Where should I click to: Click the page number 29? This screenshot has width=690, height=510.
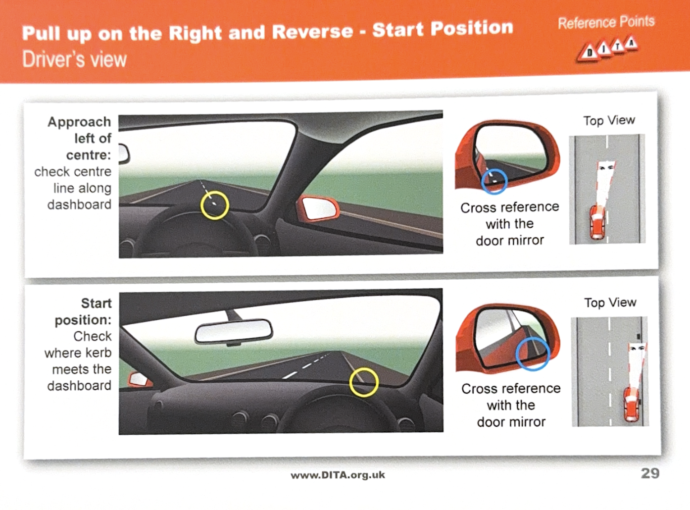(x=650, y=473)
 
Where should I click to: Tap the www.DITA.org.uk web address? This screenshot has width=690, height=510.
(x=338, y=475)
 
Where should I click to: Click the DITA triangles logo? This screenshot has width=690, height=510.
(x=607, y=50)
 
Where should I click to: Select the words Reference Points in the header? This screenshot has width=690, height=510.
(x=606, y=22)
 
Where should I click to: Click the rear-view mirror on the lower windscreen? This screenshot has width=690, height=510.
(x=234, y=332)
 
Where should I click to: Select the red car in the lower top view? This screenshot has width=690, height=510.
(x=632, y=404)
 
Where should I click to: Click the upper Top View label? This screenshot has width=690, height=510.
(x=609, y=120)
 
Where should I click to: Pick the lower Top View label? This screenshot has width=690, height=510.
(x=610, y=303)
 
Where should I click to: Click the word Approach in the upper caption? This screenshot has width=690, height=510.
(x=79, y=122)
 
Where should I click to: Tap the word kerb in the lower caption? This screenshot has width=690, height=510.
(x=99, y=353)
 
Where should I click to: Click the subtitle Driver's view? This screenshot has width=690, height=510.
(x=75, y=59)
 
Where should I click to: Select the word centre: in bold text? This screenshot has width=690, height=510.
(x=89, y=155)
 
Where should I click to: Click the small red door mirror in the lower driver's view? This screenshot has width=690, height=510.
(x=140, y=379)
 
